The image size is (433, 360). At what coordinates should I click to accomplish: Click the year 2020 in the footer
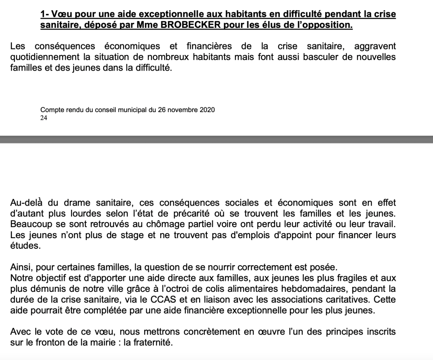click(x=206, y=110)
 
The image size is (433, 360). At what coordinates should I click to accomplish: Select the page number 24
click(x=44, y=118)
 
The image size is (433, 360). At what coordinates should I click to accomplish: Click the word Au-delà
click(x=24, y=203)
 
